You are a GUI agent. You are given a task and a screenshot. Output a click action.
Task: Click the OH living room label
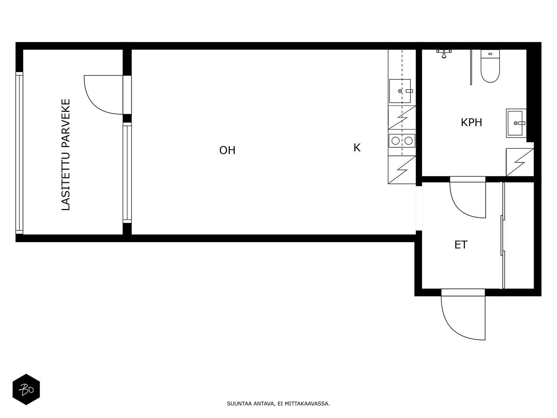pyautogui.click(x=227, y=150)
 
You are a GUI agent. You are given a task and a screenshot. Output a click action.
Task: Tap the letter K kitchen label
pyautogui.click(x=357, y=148)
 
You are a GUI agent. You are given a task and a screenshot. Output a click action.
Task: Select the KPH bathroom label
pyautogui.click(x=471, y=123)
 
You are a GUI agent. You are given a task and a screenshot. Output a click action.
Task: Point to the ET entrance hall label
pyautogui.click(x=461, y=245)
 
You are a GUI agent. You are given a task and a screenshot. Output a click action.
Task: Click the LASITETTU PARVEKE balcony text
pyautogui.click(x=66, y=155)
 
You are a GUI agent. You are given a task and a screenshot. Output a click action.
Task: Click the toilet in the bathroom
pyautogui.click(x=490, y=66)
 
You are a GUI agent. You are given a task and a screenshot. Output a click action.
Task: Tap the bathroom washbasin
pyautogui.click(x=516, y=123)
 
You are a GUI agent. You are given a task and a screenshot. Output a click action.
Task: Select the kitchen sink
pyautogui.click(x=400, y=91)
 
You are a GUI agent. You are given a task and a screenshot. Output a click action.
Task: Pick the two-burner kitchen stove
pyautogui.click(x=402, y=141)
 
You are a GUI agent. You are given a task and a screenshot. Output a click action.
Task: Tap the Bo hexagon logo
pyautogui.click(x=26, y=389)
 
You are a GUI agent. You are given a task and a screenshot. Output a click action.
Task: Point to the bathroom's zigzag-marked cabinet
pyautogui.click(x=520, y=162)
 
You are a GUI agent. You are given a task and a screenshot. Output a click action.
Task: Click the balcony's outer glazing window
pyautogui.click(x=19, y=153)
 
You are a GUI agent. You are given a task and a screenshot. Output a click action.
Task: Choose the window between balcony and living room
pyautogui.click(x=127, y=173)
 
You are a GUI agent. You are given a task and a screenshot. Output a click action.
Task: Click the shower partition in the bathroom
pyautogui.click(x=471, y=67)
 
